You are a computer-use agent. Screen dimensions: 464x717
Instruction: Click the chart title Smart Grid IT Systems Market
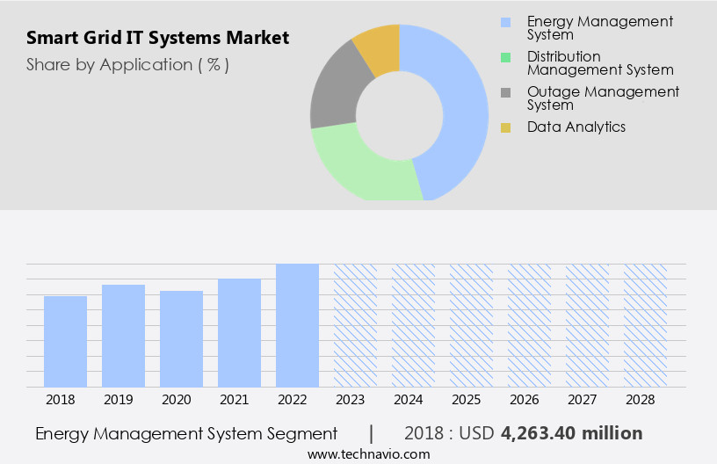pos(157,39)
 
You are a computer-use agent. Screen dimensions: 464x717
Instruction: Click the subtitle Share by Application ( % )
pos(127,64)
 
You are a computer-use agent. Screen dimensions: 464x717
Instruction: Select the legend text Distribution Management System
pos(600,63)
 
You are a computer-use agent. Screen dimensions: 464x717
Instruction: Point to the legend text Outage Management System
pos(603,98)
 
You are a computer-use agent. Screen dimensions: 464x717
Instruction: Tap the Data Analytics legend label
pos(576,127)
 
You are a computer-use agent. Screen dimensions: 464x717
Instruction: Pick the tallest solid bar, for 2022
pos(297,325)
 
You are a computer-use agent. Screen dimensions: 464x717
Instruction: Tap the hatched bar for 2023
pos(355,325)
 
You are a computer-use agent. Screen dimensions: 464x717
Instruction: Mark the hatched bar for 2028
pos(645,325)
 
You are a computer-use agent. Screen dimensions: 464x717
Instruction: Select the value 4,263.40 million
pos(571,433)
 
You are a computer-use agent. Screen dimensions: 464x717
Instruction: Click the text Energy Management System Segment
pos(186,433)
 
